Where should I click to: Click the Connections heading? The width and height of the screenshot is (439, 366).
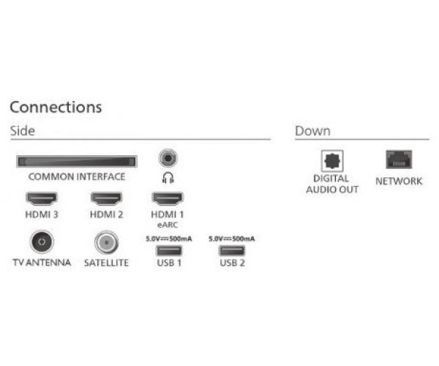pyautogui.click(x=56, y=108)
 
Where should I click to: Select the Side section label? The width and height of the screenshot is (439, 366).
pyautogui.click(x=23, y=131)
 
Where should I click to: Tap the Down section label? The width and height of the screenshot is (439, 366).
pyautogui.click(x=312, y=131)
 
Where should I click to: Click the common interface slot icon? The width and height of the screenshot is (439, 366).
pyautogui.click(x=77, y=162)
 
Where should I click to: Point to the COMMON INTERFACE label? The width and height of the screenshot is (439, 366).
pyautogui.click(x=77, y=176)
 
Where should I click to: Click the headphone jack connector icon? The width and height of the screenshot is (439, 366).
pyautogui.click(x=168, y=158)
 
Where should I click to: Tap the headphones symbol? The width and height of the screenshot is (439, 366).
pyautogui.click(x=168, y=178)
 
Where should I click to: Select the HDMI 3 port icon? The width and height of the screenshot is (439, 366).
pyautogui.click(x=42, y=198)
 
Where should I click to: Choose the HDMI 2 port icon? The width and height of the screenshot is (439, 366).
pyautogui.click(x=106, y=198)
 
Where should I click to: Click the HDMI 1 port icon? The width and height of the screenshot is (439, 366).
pyautogui.click(x=168, y=198)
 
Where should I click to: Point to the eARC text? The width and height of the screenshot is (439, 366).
pyautogui.click(x=168, y=225)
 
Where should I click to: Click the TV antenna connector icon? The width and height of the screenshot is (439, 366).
pyautogui.click(x=42, y=242)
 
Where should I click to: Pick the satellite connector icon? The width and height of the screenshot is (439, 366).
pyautogui.click(x=106, y=242)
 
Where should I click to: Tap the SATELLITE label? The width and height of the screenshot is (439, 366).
pyautogui.click(x=106, y=263)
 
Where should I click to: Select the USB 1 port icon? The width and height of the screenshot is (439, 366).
pyautogui.click(x=169, y=250)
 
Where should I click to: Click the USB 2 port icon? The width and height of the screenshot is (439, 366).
pyautogui.click(x=232, y=250)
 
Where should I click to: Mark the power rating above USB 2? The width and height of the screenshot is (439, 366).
pyautogui.click(x=231, y=239)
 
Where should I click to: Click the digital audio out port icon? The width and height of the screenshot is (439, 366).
pyautogui.click(x=332, y=161)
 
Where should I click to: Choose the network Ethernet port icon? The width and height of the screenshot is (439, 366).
pyautogui.click(x=399, y=160)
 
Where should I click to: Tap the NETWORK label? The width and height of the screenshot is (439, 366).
pyautogui.click(x=399, y=182)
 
